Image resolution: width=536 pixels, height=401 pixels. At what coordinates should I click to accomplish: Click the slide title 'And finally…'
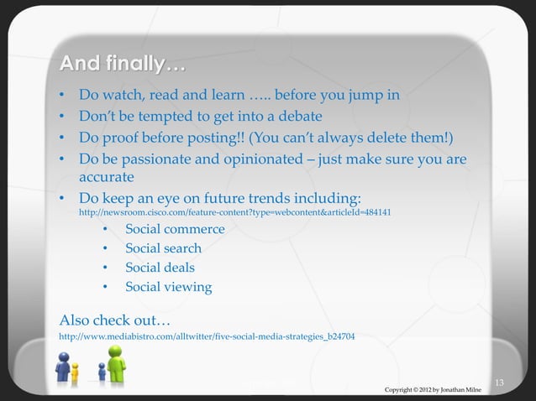coord(122,64)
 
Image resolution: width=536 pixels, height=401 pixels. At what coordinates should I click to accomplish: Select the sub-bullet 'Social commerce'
coord(175,229)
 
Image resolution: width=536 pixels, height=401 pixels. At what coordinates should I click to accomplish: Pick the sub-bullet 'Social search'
coord(163,248)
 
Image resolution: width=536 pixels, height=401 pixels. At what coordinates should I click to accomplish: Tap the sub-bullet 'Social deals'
coord(160,268)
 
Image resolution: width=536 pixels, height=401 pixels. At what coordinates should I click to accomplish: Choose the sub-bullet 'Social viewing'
coord(168,287)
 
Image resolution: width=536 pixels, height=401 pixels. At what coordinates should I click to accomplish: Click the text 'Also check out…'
coord(115,320)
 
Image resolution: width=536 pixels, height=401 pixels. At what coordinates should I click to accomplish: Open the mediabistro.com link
coord(206,336)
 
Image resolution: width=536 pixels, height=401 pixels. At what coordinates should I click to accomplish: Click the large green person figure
coord(115,362)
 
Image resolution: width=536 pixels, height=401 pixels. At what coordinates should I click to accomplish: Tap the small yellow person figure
coord(75,369)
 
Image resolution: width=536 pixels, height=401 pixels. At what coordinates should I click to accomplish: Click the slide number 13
coord(499,383)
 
